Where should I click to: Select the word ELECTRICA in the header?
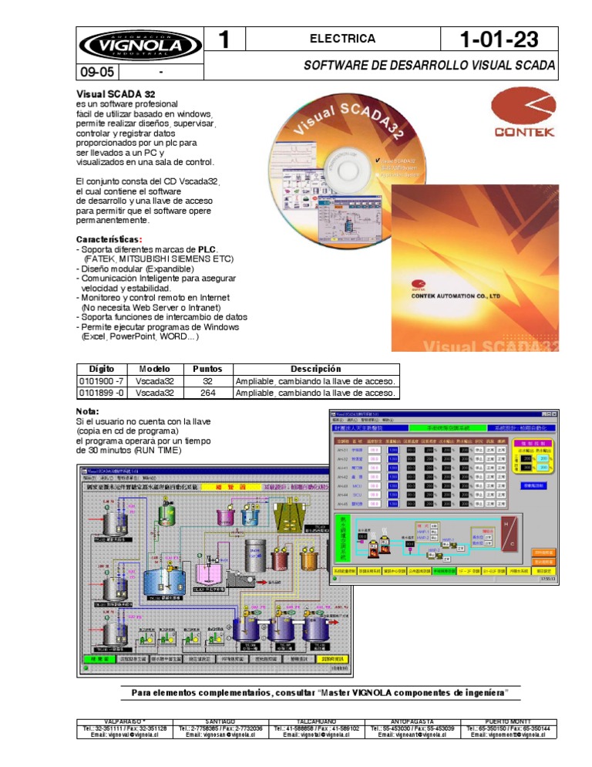[342, 39]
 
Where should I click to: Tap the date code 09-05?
[96, 73]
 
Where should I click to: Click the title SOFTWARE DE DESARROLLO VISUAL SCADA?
[429, 66]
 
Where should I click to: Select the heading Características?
[109, 238]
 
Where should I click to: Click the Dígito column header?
[101, 370]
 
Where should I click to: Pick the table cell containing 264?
[207, 393]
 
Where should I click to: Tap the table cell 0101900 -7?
[101, 381]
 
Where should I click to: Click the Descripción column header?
[316, 370]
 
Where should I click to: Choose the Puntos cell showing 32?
[207, 381]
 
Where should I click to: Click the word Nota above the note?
[89, 411]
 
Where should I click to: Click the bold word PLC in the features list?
[207, 249]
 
